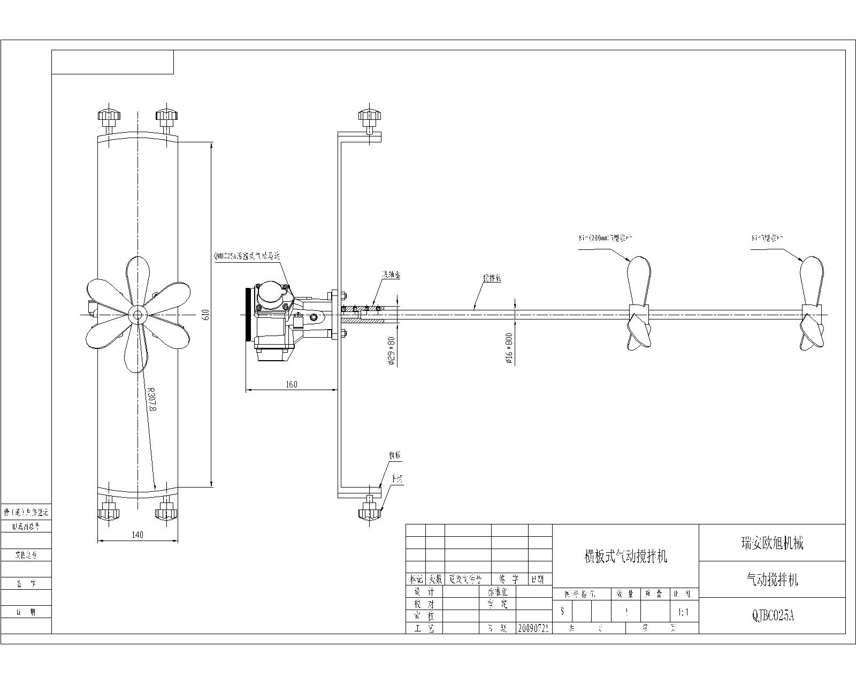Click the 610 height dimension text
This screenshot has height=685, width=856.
click(x=205, y=315)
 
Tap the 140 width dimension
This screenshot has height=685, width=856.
click(x=137, y=534)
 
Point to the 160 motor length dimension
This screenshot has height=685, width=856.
click(x=292, y=384)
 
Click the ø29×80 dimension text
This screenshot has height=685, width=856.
click(x=391, y=351)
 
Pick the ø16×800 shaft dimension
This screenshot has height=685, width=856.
click(x=509, y=348)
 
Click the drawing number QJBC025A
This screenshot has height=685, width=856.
click(x=773, y=616)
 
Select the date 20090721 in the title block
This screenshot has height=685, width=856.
click(x=533, y=628)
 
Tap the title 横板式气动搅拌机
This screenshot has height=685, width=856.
click(x=625, y=557)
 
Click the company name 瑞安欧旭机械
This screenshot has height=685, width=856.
click(x=772, y=544)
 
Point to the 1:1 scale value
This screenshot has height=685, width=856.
click(x=683, y=612)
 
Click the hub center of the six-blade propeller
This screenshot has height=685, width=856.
click(x=137, y=315)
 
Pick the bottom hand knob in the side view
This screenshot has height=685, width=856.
click(x=370, y=511)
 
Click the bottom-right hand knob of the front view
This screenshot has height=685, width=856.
click(x=166, y=511)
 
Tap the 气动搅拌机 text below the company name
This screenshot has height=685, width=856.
click(x=772, y=580)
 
